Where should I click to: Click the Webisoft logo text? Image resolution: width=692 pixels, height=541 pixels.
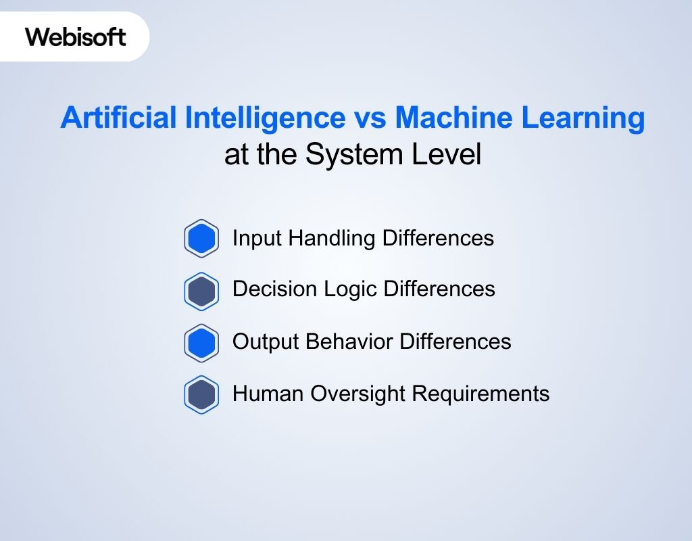point(76,36)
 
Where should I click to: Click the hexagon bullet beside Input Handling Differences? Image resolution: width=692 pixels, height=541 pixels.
point(201,239)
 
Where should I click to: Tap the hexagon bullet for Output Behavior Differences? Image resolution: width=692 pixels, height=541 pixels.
point(201,343)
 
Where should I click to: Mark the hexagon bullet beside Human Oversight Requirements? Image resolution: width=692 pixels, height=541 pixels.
point(201,394)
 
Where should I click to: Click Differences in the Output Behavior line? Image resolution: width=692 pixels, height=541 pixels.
point(455,342)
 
